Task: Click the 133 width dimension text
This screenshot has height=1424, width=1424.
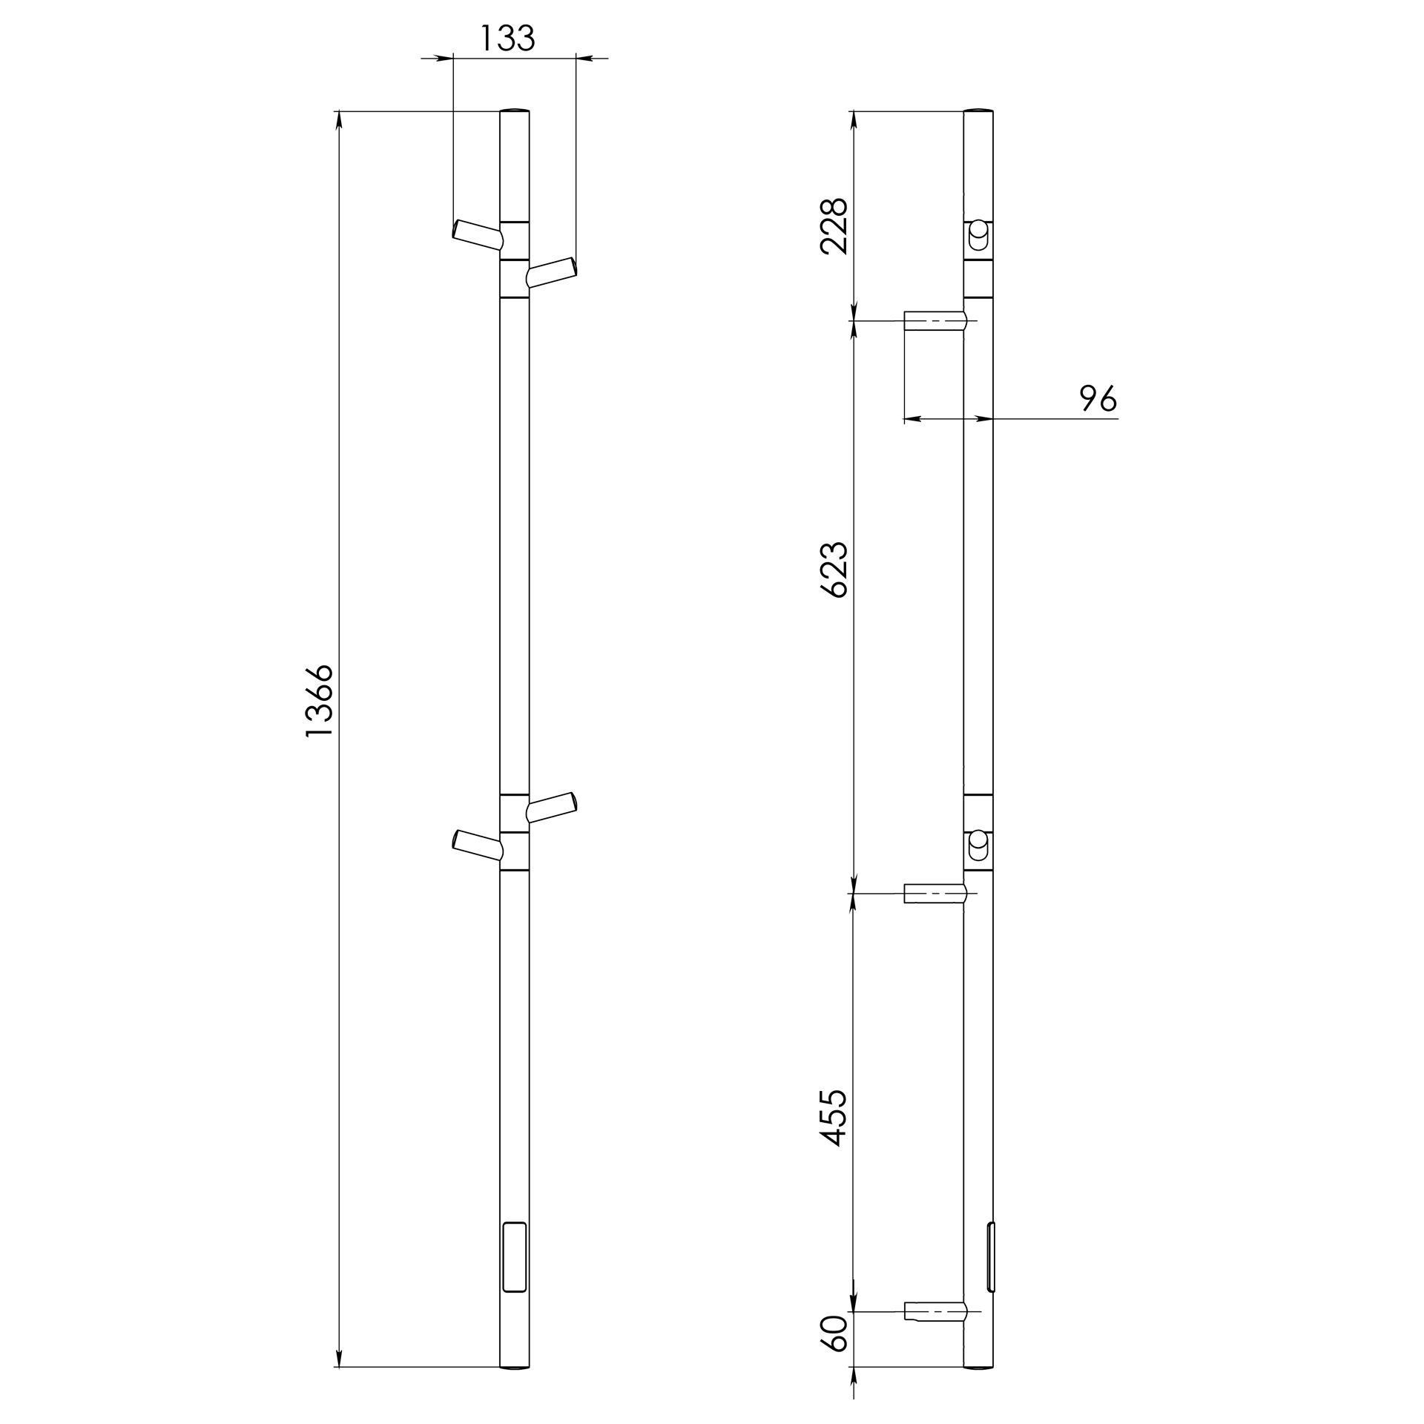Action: click(x=508, y=38)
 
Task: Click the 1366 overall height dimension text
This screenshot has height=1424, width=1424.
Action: click(x=320, y=701)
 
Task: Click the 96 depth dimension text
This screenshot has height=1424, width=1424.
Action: click(x=1098, y=398)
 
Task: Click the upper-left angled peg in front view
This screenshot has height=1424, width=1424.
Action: click(x=478, y=234)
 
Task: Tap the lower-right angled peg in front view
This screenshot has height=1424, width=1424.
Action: click(x=551, y=807)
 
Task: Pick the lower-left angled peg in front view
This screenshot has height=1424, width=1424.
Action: click(x=478, y=845)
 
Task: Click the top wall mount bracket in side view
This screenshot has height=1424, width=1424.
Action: click(x=934, y=320)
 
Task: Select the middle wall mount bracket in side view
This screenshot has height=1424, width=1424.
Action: click(x=934, y=893)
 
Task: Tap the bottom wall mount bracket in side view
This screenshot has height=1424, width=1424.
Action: click(x=934, y=1311)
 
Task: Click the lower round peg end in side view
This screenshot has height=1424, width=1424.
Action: click(x=978, y=839)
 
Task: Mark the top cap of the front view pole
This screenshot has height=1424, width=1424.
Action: click(x=514, y=111)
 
